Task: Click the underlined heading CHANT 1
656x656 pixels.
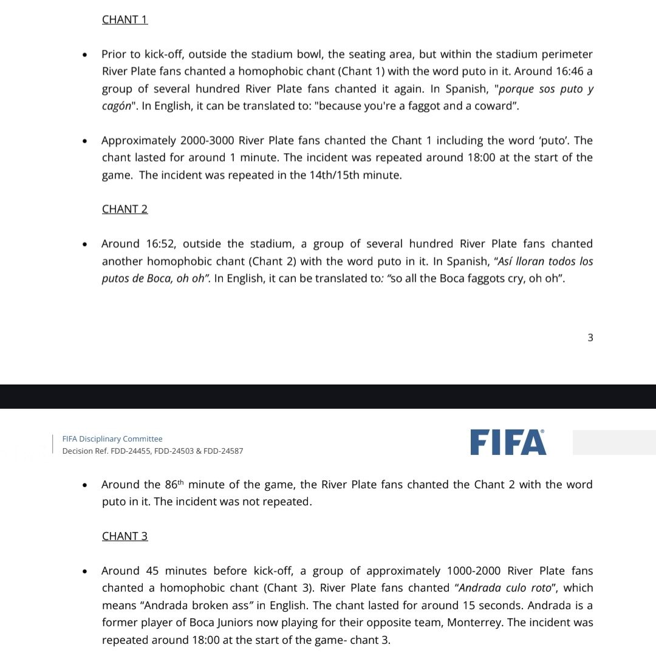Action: point(125,19)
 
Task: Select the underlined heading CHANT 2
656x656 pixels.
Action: point(125,209)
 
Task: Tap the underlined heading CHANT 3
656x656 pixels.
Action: point(125,536)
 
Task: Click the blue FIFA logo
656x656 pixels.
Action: point(508,442)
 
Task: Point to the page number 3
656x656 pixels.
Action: point(590,338)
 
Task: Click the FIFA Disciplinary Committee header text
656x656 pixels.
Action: point(112,439)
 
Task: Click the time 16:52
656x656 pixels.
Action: point(160,244)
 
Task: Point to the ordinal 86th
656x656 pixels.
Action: point(174,484)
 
